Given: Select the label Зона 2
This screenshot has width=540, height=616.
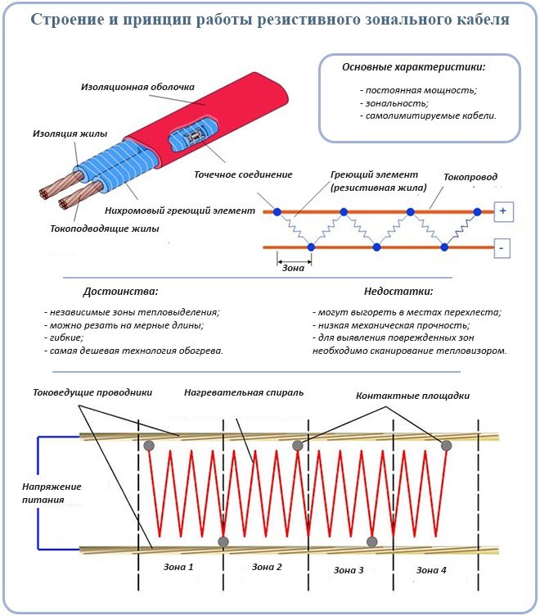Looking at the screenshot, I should click(x=267, y=567).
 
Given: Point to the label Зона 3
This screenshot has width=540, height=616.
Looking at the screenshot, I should click(x=349, y=568).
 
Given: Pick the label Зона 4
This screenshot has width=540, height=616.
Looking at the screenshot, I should click(x=431, y=568).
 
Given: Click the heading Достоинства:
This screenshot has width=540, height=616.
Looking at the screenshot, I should click(x=120, y=291).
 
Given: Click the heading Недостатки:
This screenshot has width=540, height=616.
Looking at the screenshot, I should click(x=398, y=291).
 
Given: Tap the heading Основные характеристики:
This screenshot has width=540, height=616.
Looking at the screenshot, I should click(x=414, y=66).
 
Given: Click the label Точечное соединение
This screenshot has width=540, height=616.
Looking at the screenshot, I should click(x=243, y=174).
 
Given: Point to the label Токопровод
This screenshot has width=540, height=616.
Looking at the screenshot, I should click(x=470, y=177).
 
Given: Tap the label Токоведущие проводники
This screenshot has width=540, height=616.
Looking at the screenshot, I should click(x=92, y=392).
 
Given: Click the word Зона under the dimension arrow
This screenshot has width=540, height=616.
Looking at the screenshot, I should click(x=293, y=266).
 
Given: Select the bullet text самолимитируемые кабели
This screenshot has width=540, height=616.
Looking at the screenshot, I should click(x=428, y=116).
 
